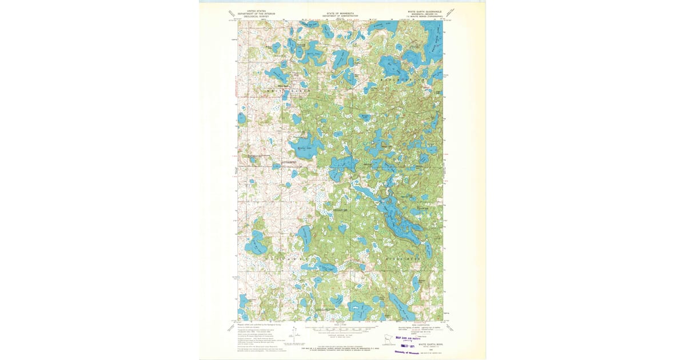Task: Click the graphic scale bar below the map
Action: tap(341, 330)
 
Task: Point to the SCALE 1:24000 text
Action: tap(341, 326)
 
